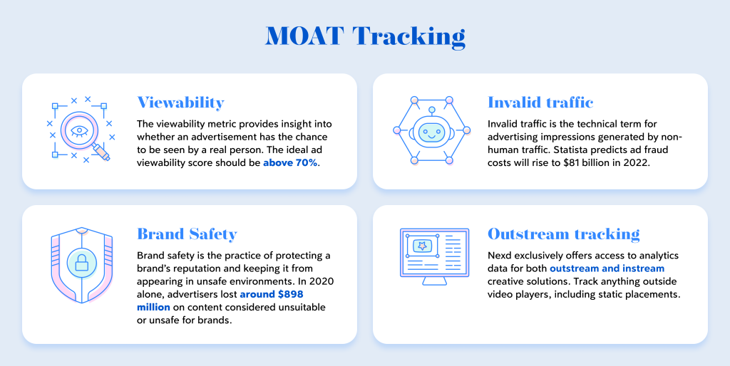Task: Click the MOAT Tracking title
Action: coord(365,36)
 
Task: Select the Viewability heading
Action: coord(180,103)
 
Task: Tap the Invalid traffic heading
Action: coord(540,103)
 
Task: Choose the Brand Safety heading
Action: coord(187,234)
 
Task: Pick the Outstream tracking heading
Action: coord(564,234)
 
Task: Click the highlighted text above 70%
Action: coord(290,163)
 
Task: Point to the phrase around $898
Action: coord(272,294)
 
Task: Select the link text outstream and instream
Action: coord(607,268)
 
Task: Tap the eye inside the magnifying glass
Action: coord(79,131)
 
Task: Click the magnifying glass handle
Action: coord(101,152)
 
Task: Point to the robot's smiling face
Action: coord(431,132)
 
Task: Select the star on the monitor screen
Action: coord(422,246)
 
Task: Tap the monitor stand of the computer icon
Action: coord(434,281)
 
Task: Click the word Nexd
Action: coord(499,256)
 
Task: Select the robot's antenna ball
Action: coord(432,110)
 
